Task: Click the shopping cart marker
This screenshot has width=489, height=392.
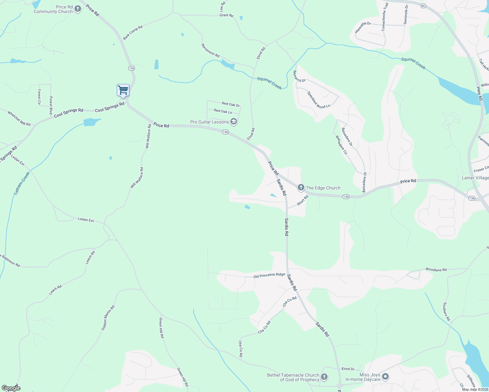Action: click(x=123, y=90)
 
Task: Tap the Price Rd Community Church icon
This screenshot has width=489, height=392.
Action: click(x=77, y=9)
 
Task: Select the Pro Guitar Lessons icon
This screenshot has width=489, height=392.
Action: click(x=233, y=122)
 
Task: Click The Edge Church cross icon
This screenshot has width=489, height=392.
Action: click(x=301, y=188)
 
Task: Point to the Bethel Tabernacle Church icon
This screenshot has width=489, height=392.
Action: click(x=324, y=377)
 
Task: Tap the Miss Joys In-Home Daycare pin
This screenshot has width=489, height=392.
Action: click(x=385, y=377)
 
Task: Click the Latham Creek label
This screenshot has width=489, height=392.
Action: click(x=22, y=184)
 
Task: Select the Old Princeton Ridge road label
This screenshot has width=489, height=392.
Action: click(x=269, y=275)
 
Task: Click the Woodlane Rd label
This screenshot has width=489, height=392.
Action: click(x=436, y=269)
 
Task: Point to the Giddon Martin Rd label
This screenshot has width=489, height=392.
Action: click(x=108, y=318)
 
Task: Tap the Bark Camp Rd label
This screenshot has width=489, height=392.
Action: click(x=133, y=32)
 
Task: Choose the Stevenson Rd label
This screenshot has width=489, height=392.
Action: click(x=210, y=50)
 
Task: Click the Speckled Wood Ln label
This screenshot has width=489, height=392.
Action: click(x=319, y=100)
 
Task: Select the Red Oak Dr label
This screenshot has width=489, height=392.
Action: click(x=231, y=105)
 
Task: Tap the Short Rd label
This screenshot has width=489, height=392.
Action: click(x=303, y=200)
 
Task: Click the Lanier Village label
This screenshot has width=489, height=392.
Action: click(x=475, y=178)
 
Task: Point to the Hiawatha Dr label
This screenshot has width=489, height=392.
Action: click(x=363, y=28)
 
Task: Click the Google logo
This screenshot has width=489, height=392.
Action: click(x=10, y=388)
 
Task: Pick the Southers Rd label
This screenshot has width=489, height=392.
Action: click(x=447, y=311)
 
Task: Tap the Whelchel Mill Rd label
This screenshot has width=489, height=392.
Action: click(x=19, y=119)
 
